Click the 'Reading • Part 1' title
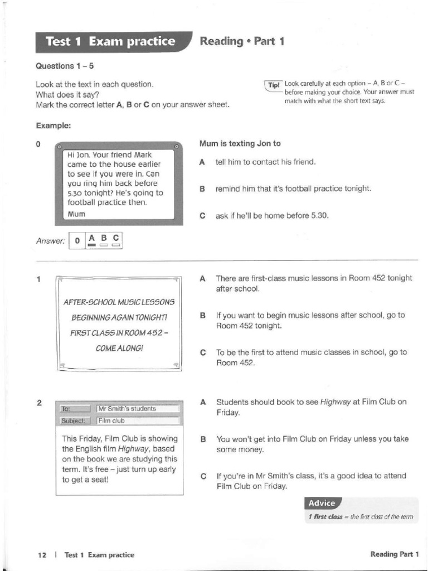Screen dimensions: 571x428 click(242, 41)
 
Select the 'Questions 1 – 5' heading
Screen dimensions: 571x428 click(65, 66)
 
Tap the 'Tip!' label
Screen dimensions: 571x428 click(274, 85)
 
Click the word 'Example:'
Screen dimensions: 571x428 click(53, 125)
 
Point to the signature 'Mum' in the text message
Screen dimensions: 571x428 click(76, 214)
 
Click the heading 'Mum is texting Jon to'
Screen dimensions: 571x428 click(240, 143)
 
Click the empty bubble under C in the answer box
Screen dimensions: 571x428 click(115, 245)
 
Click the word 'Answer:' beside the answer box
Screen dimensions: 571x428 click(50, 241)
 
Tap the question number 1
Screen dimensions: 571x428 click(38, 279)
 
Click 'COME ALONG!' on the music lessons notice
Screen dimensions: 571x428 click(119, 347)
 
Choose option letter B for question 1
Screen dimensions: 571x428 click(203, 316)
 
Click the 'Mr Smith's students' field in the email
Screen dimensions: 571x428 click(137, 409)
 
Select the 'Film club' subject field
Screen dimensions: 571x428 click(137, 420)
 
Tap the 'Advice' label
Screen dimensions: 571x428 click(322, 503)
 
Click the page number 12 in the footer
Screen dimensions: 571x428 click(42, 554)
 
